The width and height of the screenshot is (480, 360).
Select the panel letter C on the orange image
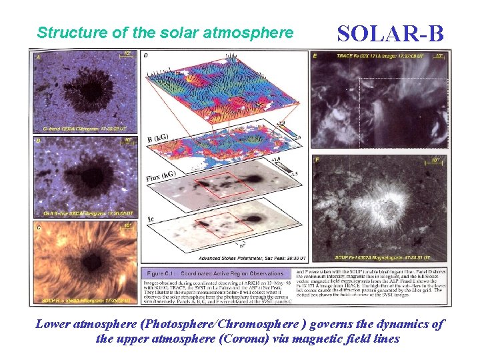pos(38,227)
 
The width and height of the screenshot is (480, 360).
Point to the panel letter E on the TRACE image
pos(316,56)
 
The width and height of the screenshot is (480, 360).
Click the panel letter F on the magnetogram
pos(317,161)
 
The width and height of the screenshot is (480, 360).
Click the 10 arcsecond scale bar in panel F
pos(435,161)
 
